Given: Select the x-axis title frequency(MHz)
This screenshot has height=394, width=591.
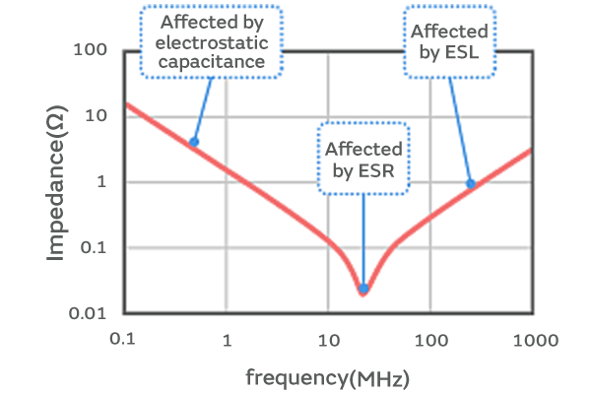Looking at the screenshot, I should click(327, 376).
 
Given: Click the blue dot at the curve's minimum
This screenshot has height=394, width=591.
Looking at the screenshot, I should click(363, 290).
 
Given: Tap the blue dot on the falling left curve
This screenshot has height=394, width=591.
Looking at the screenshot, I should click(194, 142).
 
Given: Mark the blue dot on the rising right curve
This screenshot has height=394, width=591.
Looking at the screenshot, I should click(471, 184).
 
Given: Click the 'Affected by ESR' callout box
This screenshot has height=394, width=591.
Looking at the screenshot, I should click(363, 159).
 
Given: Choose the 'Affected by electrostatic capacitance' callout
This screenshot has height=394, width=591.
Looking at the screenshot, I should click(210, 41).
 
